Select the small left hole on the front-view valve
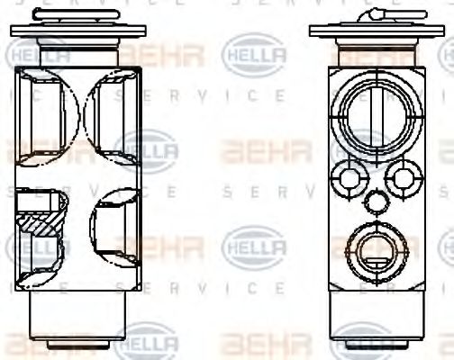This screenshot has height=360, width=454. point(345,176)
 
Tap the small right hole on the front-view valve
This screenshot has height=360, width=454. point(401,178)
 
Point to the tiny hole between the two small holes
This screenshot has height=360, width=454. point(373,199)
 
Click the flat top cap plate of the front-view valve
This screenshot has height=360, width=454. point(373,30)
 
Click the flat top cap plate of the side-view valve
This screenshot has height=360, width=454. point(77,30)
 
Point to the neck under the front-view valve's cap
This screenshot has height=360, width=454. point(373,51)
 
